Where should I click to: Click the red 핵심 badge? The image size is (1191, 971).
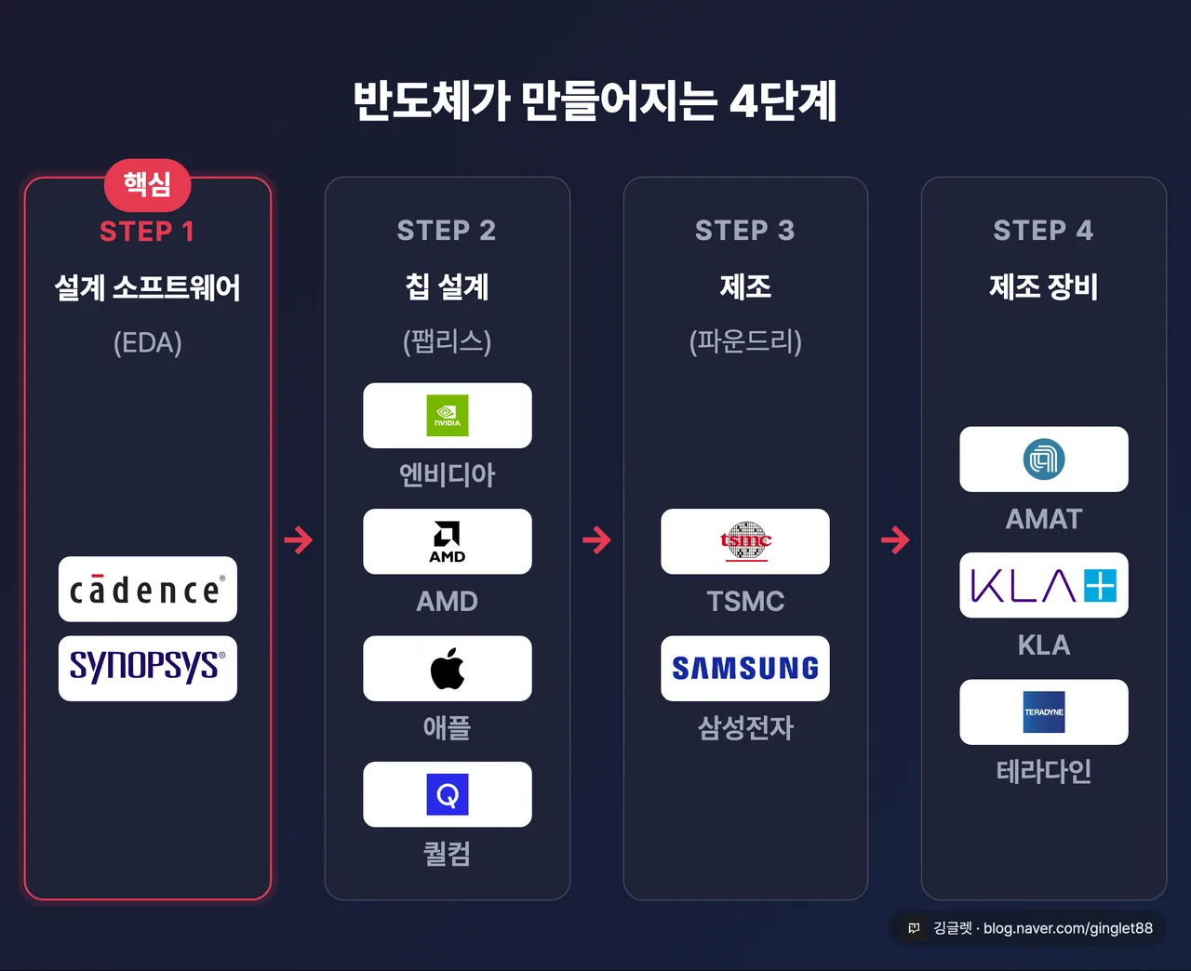(x=147, y=185)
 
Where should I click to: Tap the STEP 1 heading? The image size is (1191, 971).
(x=147, y=231)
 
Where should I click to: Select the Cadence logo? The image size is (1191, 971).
(x=147, y=590)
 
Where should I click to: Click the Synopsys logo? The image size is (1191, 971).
(x=147, y=667)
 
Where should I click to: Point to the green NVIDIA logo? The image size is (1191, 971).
(x=448, y=416)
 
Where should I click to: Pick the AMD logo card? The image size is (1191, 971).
(x=448, y=541)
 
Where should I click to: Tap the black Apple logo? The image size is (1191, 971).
(x=448, y=669)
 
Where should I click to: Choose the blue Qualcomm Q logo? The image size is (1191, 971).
(x=448, y=794)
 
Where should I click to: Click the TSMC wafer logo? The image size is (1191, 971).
(x=745, y=541)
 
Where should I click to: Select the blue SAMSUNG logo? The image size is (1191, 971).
(x=745, y=669)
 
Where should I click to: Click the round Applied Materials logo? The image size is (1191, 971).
(x=1044, y=459)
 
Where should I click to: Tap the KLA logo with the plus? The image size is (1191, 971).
(x=1044, y=585)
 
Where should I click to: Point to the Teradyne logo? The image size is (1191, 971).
(x=1044, y=712)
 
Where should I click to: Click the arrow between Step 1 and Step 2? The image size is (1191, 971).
(x=298, y=540)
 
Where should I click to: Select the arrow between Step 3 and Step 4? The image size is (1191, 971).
(x=895, y=540)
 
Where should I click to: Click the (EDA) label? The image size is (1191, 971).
(x=147, y=342)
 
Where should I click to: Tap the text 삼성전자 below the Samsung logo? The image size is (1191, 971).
(x=745, y=727)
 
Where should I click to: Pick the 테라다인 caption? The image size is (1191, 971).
(x=1044, y=771)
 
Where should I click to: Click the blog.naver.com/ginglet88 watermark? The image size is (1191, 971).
(x=1068, y=928)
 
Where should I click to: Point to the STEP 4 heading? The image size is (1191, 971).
(x=1044, y=231)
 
